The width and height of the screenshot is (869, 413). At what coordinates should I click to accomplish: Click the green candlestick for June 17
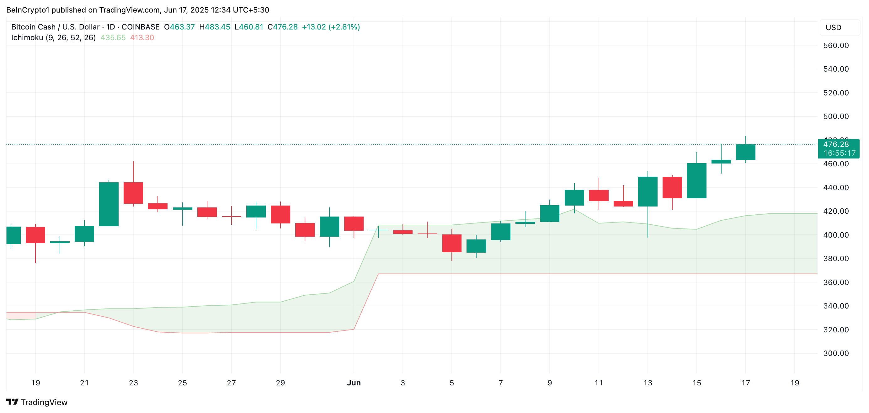(745, 152)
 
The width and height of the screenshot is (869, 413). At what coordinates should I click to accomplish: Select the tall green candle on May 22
(109, 204)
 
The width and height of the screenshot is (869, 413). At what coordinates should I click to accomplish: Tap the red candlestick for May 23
(133, 193)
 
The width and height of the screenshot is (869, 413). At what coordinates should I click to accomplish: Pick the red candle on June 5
(451, 243)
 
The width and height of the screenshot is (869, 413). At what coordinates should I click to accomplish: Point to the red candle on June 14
(672, 188)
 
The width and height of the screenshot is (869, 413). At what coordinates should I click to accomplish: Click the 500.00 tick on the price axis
(836, 116)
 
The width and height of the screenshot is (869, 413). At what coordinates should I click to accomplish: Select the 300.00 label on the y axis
(836, 353)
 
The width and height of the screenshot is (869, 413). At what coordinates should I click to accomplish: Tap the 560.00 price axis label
(836, 46)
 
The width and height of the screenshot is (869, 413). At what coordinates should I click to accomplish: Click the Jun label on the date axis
(354, 383)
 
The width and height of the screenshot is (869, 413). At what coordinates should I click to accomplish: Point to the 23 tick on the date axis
(133, 383)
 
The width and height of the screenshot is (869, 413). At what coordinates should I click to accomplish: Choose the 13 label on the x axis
(648, 383)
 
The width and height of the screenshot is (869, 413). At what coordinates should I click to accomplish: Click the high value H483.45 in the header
(215, 27)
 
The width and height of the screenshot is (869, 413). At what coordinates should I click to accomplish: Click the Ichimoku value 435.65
(113, 38)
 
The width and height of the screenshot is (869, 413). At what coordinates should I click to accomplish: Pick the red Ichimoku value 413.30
(142, 38)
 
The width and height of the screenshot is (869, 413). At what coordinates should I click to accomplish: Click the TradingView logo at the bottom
(37, 402)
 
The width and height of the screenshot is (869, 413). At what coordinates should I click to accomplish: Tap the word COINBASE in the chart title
(140, 27)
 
